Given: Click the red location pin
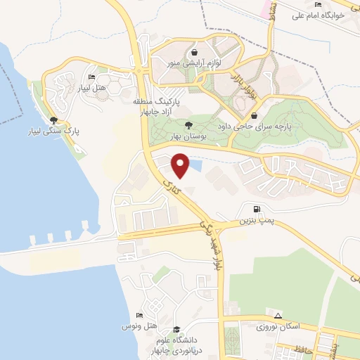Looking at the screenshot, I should coord(180,165).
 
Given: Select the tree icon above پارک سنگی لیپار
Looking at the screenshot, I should coord(54,120).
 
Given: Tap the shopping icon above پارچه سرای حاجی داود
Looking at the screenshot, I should coord(254,116).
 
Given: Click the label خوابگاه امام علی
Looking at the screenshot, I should coord(319,15).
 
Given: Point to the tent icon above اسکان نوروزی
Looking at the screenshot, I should coord(278,316).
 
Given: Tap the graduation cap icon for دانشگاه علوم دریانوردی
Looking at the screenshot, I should coord(177,329).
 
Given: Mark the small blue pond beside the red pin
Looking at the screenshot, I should coord(195,166).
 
